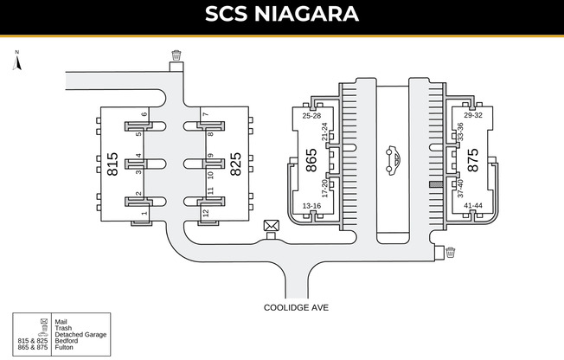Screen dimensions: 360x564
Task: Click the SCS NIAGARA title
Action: pos(282,15)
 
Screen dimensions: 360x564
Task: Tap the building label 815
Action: pos(112,164)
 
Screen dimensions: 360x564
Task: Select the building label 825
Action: pos(234,164)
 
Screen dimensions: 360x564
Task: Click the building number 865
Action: pos(311,161)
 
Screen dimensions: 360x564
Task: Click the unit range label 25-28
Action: pos(311,115)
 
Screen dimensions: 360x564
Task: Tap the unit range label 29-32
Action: pos(472,114)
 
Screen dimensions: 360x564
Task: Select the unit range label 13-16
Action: pos(311,206)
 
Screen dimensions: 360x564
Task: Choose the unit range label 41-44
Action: pos(472,206)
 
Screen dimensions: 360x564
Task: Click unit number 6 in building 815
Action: pos(144,114)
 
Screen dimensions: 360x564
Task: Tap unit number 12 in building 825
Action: pos(206,212)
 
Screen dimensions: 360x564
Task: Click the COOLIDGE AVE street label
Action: pos(297,307)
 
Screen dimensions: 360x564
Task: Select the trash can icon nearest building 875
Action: pos(450,253)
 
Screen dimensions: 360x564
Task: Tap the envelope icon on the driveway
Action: pos(272,226)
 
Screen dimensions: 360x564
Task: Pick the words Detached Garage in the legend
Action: pos(80,334)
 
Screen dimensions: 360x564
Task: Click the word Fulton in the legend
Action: pos(65,347)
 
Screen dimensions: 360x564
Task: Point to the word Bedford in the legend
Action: pos(66,341)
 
